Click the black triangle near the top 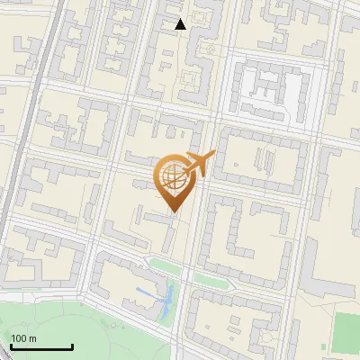[181, 24]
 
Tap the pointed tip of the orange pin [173, 211]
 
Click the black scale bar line [41, 346]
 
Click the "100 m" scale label [23, 338]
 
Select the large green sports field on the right [346, 333]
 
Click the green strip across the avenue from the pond [212, 278]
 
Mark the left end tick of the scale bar [12, 346]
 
